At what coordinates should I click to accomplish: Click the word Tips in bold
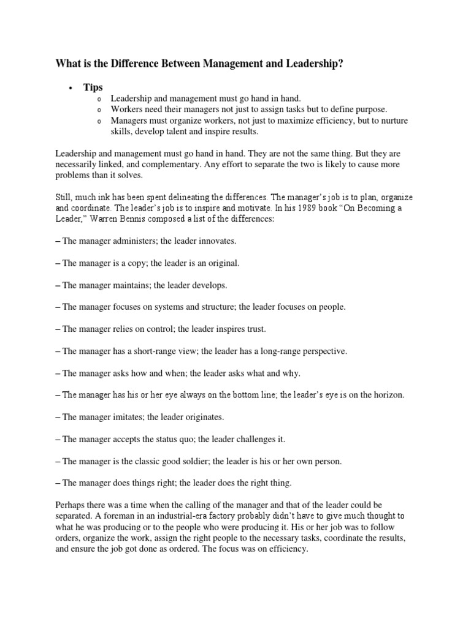[93, 88]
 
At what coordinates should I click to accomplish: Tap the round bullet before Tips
[71, 88]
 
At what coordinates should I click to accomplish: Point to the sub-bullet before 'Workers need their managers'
[99, 110]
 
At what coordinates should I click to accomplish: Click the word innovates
[214, 241]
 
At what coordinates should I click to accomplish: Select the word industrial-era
[170, 516]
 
